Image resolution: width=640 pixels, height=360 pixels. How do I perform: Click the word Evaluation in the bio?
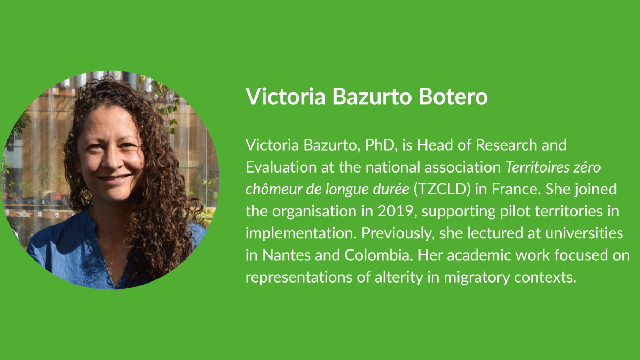click(x=278, y=167)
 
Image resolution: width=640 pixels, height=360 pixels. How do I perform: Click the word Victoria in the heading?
click(x=280, y=97)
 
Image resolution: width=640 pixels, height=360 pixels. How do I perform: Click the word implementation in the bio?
click(x=288, y=233)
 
